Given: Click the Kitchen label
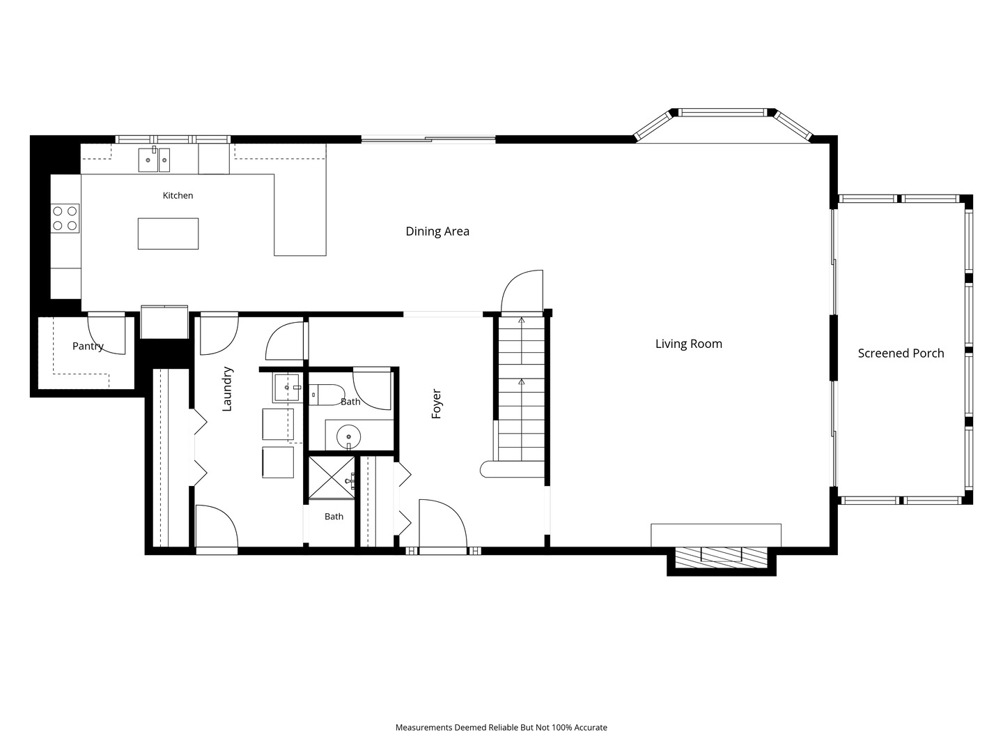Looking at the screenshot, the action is point(178,196).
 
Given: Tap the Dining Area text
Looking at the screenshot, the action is point(437,231).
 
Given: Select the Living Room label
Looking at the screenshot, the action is point(689,344).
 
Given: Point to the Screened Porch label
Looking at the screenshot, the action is point(901,353).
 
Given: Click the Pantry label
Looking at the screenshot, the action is point(88,347).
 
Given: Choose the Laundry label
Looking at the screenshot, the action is point(227,389).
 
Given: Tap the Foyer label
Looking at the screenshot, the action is point(437,404).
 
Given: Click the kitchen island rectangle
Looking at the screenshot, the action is point(168,234).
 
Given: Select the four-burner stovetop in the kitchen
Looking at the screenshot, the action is point(65,218).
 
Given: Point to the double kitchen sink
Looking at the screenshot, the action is point(154,160).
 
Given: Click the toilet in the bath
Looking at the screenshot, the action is point(327,395).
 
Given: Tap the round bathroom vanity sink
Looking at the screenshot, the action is point(348,437).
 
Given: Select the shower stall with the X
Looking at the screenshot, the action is point(332,478).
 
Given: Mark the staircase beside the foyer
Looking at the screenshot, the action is point(522,388).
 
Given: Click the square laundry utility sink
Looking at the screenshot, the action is point(286,388).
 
